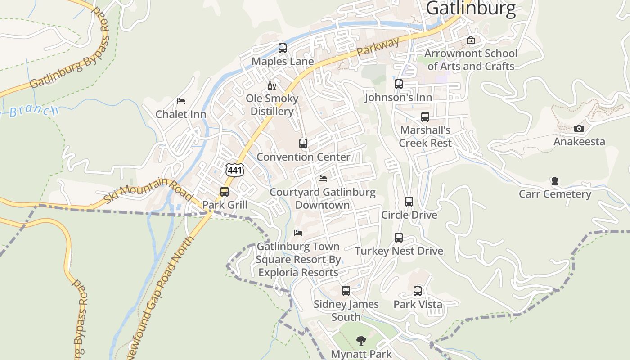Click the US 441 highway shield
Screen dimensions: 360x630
235,170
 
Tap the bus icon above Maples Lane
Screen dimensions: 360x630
283,48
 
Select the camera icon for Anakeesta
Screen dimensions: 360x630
579,129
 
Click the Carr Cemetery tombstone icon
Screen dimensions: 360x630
555,181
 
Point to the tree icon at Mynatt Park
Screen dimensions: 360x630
361,341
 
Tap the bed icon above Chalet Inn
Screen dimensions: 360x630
181,101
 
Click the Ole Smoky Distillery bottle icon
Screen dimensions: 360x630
271,85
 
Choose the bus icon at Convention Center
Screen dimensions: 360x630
303,144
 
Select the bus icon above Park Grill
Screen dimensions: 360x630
225,192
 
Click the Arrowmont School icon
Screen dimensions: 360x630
471,40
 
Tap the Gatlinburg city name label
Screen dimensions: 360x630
470,8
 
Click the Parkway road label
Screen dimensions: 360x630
378,47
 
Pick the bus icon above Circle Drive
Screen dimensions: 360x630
409,202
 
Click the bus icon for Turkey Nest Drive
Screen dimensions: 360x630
399,238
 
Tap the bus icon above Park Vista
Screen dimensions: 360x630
418,291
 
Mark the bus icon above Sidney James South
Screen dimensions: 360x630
346,291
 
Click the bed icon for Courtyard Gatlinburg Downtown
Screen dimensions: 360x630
323,179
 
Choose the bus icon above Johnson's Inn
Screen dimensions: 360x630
399,84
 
